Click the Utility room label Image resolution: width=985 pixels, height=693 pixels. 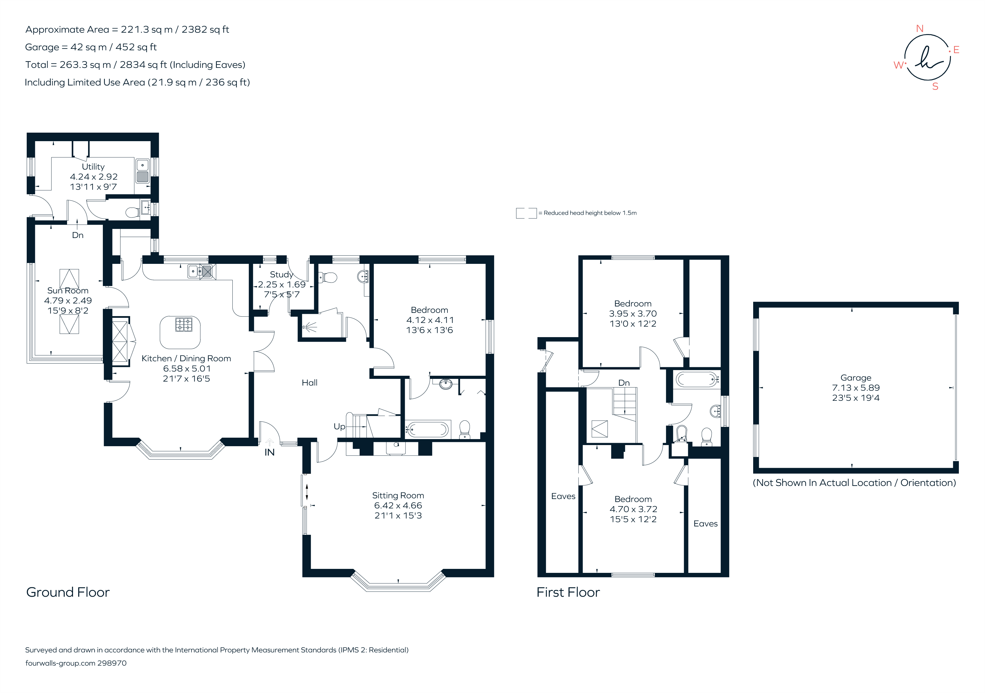click(93, 166)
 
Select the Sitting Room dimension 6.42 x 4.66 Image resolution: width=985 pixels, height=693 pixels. click(398, 506)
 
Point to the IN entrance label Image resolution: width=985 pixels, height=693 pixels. click(269, 452)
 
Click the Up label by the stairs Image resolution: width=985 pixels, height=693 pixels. click(339, 426)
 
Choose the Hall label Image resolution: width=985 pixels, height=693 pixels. click(309, 383)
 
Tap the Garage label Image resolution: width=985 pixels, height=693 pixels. click(855, 377)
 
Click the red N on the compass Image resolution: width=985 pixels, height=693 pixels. click(919, 29)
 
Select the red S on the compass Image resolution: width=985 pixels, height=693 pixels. click(935, 87)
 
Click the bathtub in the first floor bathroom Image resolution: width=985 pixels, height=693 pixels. click(697, 379)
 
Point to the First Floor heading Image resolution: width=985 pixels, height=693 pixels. click(568, 592)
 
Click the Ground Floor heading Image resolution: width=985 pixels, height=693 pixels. click(68, 592)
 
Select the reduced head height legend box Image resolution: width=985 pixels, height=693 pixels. click(526, 213)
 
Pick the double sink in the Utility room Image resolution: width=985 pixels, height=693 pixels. click(142, 171)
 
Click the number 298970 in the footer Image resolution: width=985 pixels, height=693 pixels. click(112, 663)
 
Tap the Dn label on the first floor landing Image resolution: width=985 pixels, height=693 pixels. click(624, 383)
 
